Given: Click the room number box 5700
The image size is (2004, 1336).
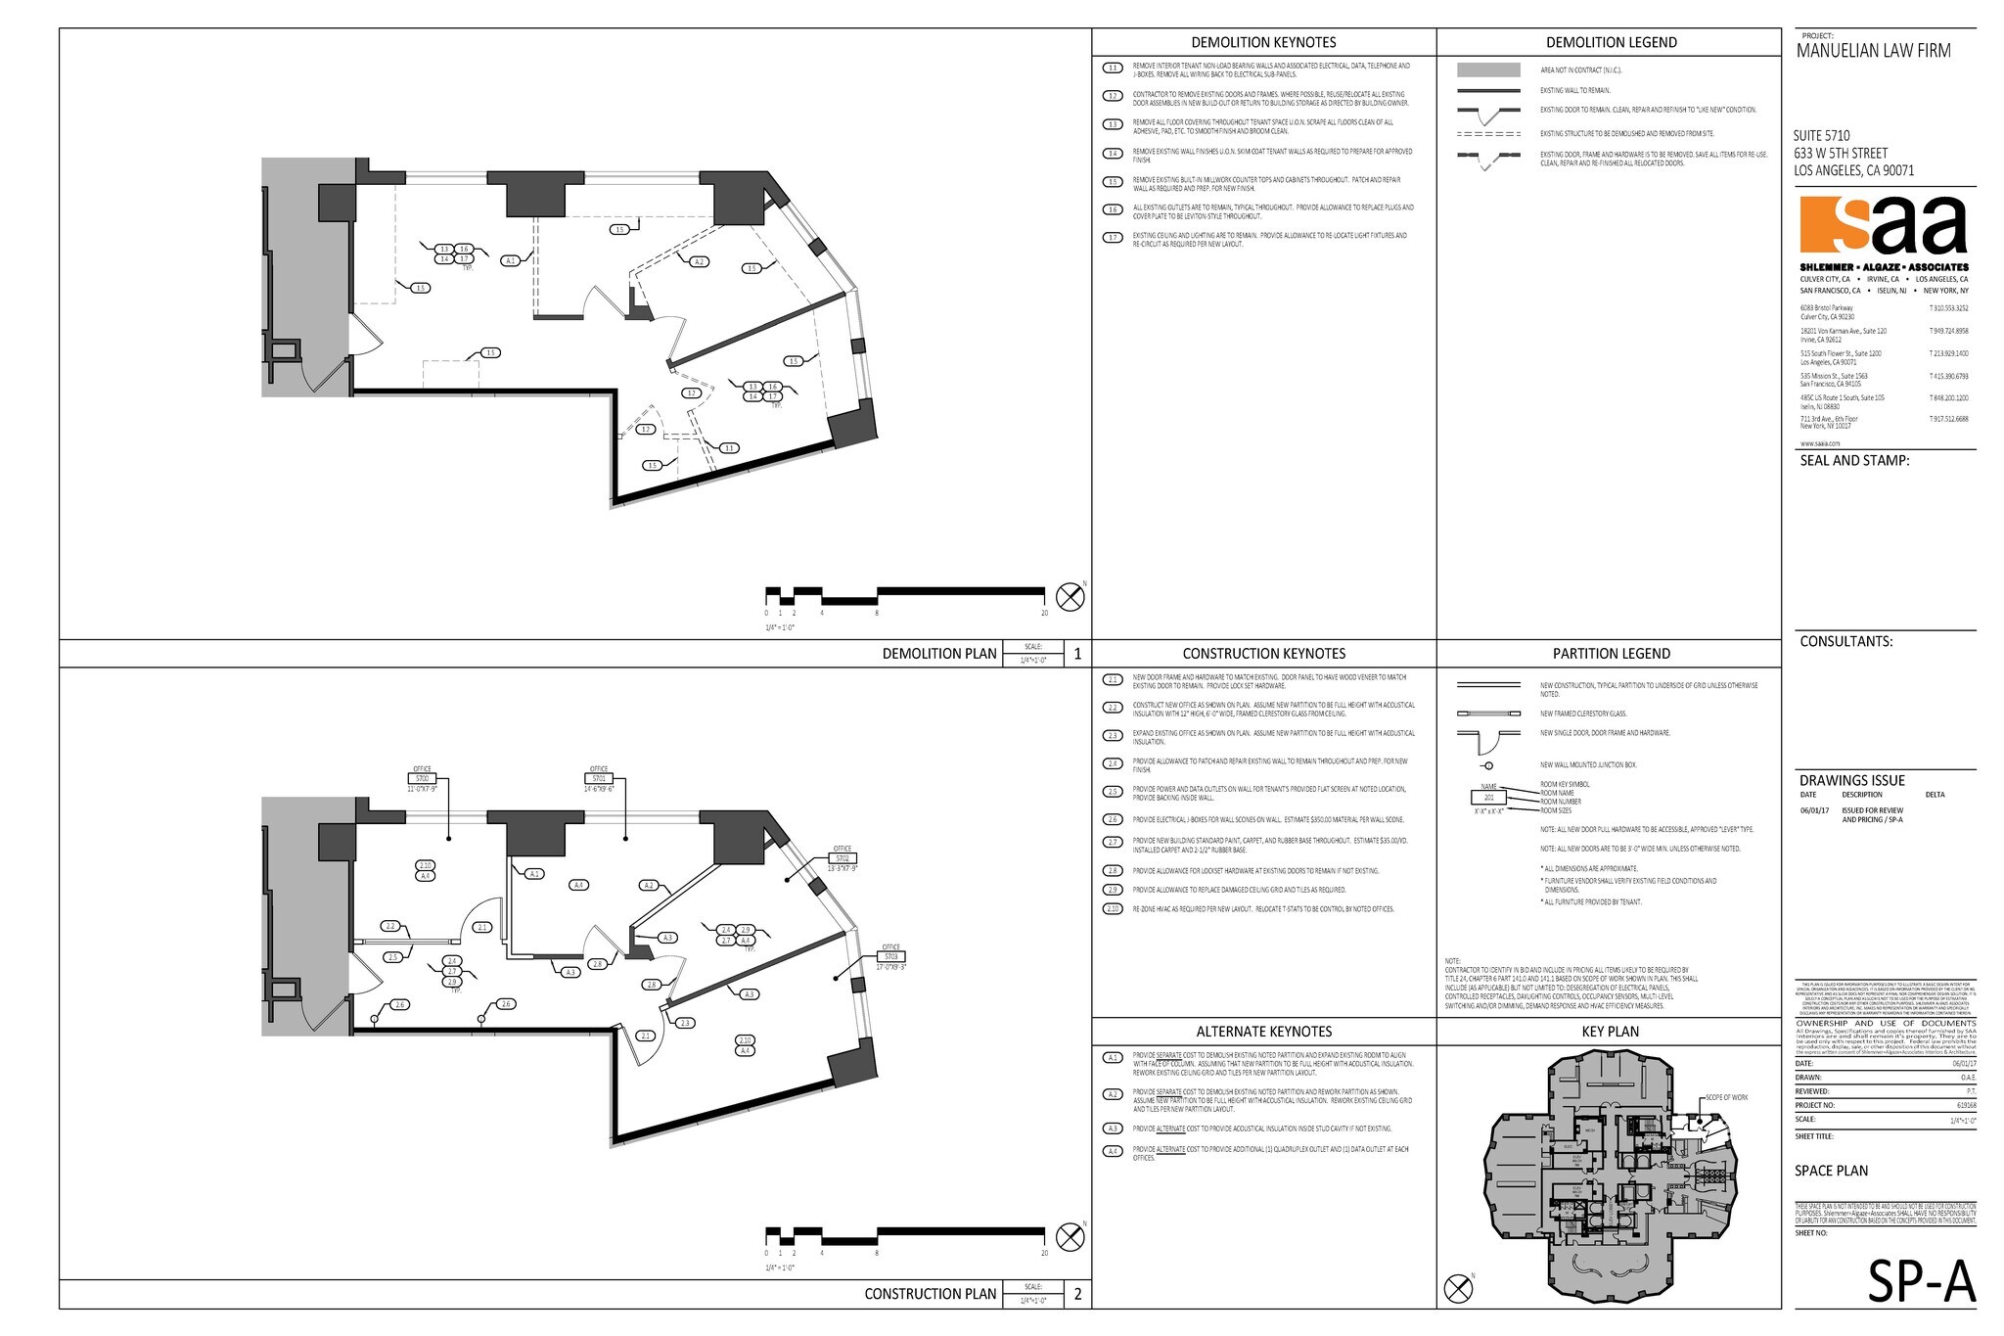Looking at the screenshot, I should [422, 777].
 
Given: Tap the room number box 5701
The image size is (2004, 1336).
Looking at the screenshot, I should [599, 778].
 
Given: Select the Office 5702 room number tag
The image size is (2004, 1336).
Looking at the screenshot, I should [842, 857].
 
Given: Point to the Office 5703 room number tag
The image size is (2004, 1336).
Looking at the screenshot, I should [890, 956].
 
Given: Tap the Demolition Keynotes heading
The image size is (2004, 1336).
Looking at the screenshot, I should [1263, 42].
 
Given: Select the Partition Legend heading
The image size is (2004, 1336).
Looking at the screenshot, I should [1611, 654].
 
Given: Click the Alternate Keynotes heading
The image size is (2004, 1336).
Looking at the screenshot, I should [1263, 1032].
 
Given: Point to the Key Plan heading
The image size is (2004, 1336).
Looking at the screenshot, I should [1610, 1032].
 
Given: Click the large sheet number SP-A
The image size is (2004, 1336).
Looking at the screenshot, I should [1921, 1282].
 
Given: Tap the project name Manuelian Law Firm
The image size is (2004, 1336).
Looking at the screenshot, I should [1873, 51].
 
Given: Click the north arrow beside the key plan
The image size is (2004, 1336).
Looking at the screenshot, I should [1458, 1289].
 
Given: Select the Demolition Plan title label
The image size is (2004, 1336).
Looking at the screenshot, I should [939, 654].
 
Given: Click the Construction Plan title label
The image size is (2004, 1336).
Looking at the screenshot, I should [930, 1294].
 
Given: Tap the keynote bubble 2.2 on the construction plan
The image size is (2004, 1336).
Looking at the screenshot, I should [390, 926].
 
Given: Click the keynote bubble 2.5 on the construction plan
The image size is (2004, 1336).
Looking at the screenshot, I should [393, 957].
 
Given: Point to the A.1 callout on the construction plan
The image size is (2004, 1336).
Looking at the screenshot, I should [534, 873].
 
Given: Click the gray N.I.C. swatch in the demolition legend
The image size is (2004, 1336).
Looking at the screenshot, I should [1488, 70].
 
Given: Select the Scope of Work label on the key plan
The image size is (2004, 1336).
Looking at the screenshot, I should [1726, 1097].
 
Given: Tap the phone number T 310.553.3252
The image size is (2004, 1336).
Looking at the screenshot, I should [1948, 308].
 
